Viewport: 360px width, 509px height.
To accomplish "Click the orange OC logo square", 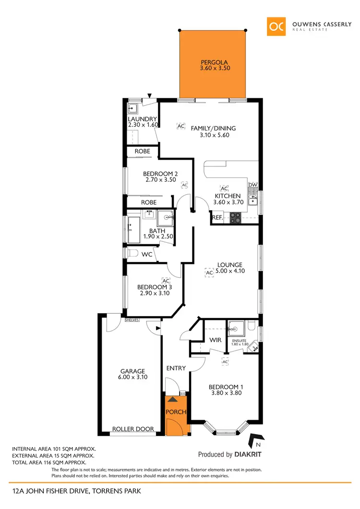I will pos(276,26).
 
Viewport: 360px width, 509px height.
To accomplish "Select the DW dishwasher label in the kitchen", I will pos(252,185).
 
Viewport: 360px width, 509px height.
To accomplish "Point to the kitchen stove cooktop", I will pos(236,218).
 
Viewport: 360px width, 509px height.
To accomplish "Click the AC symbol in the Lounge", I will pos(209,273).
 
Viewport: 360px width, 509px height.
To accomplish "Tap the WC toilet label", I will pos(147,254).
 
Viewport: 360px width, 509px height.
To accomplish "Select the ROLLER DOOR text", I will pos(133,429).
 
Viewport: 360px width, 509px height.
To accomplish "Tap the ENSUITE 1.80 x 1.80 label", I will pos(240,342).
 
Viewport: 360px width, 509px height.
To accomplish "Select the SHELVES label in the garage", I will pos(132,320).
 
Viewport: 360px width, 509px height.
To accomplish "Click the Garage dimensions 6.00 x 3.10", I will pos(132,378).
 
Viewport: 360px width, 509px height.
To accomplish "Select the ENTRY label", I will pos(176,368).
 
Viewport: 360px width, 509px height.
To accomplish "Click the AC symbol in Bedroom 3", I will pos(166,280).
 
